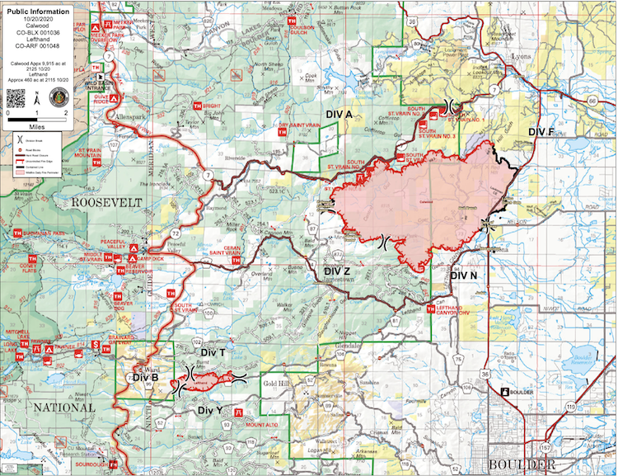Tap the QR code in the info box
point(16,97)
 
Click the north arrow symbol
point(36,94)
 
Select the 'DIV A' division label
point(337,112)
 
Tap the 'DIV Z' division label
point(337,271)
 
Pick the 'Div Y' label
point(209,409)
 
